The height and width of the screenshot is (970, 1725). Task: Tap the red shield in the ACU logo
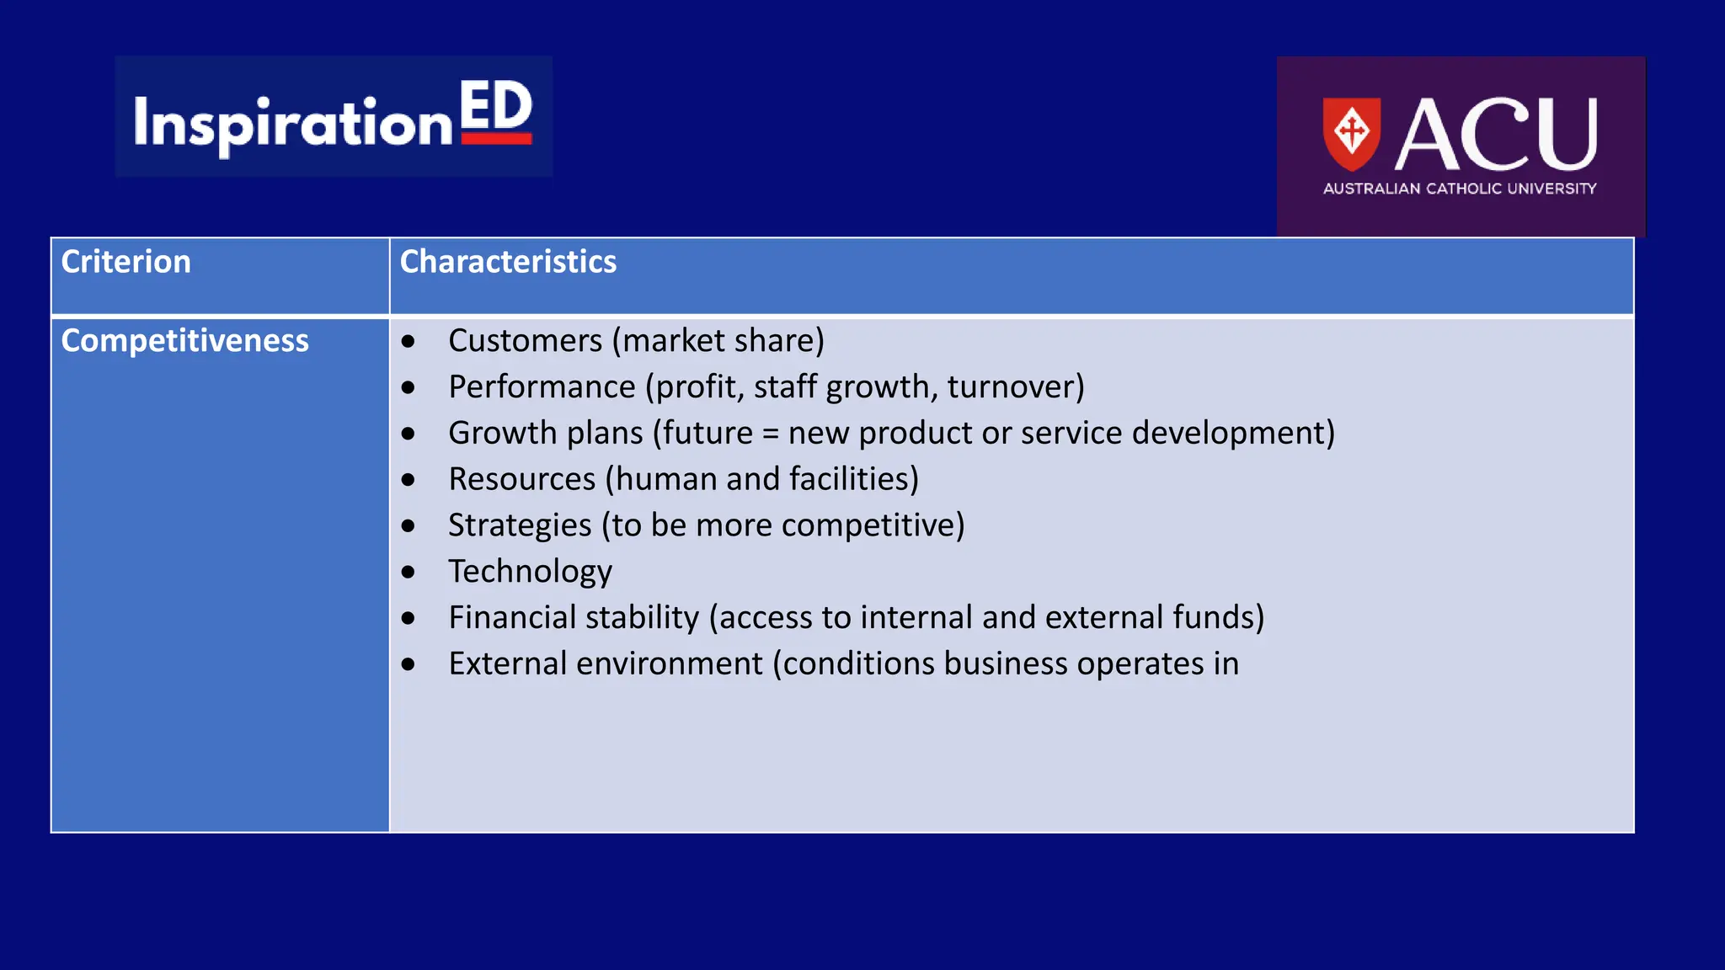point(1351,133)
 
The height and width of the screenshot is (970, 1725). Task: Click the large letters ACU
point(1496,135)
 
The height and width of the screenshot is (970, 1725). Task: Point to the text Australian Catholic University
point(1459,189)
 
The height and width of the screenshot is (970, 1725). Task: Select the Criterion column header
point(126,262)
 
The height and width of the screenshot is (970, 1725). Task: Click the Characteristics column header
point(508,262)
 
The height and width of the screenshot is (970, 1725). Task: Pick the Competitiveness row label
point(184,341)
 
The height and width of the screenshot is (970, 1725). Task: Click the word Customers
point(525,341)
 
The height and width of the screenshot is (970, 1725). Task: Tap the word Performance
point(542,387)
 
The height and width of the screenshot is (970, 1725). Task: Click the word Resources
point(521,479)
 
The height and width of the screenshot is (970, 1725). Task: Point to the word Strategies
point(520,525)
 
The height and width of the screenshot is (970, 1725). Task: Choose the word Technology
point(530,572)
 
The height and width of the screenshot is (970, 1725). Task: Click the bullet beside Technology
point(409,573)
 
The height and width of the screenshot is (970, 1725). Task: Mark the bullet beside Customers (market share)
point(409,342)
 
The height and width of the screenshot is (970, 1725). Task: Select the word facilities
point(849,479)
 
